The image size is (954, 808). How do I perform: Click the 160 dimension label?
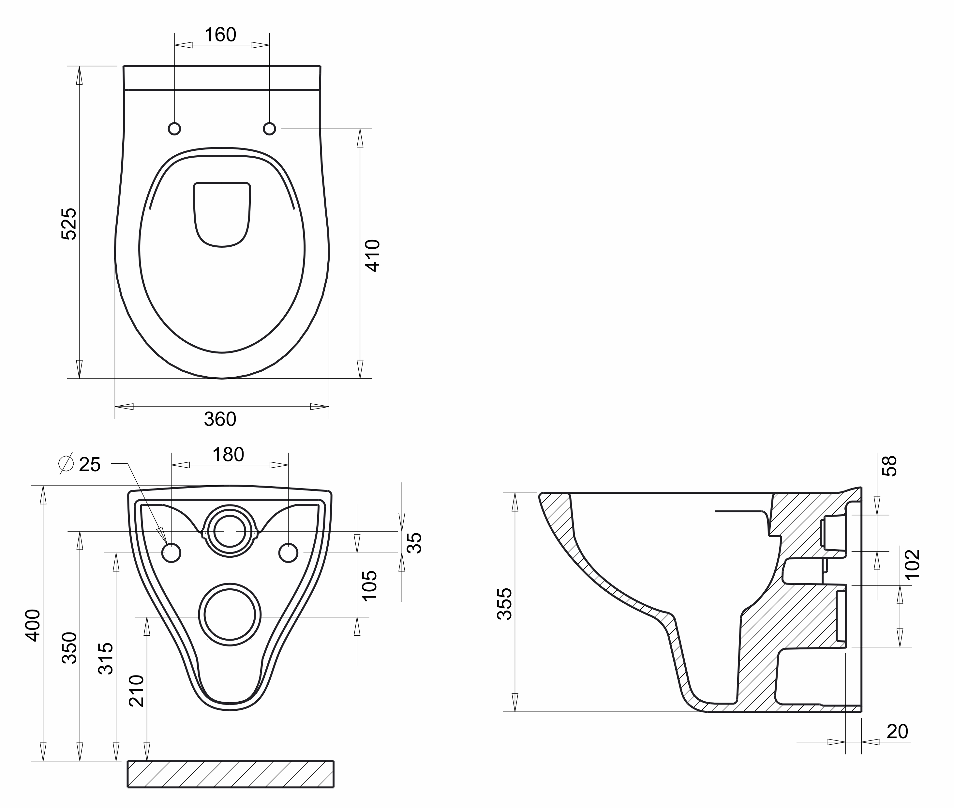tap(220, 35)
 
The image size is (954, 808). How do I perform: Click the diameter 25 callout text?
tap(81, 464)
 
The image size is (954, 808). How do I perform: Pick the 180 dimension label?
tap(228, 455)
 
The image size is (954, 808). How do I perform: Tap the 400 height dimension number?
tap(33, 625)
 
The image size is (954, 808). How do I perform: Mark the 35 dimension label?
tap(414, 543)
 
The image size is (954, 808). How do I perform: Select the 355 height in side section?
tap(505, 604)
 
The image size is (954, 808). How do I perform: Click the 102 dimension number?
tap(912, 564)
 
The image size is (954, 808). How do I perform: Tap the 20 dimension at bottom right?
tap(897, 732)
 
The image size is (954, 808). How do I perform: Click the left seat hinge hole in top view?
tap(174, 129)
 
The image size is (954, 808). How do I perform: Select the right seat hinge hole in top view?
tap(270, 129)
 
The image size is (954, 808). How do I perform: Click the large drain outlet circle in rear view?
tap(230, 615)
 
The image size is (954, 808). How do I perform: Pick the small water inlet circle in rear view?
tap(230, 531)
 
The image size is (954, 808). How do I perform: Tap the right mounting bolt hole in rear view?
tap(288, 553)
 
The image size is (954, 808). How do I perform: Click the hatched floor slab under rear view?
tap(231, 774)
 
